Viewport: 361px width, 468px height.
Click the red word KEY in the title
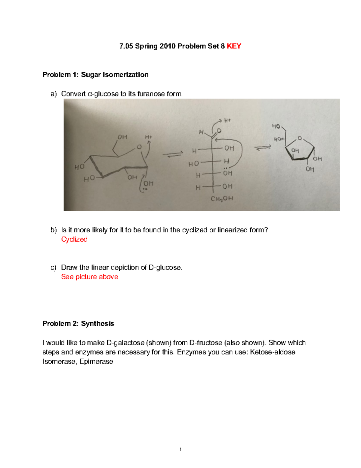[x=234, y=46]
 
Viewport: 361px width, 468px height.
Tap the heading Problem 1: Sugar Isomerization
[x=95, y=75]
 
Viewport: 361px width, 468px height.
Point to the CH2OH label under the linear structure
[x=222, y=199]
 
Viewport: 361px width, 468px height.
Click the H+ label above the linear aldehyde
[x=227, y=121]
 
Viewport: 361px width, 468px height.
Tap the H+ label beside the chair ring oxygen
[x=149, y=137]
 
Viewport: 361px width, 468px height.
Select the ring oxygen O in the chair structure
[x=139, y=147]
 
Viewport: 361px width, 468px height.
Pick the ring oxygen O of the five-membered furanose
[x=300, y=138]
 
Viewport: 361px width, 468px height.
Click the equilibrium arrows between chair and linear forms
[x=173, y=154]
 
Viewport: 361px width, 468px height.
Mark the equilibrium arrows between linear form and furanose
[x=263, y=148]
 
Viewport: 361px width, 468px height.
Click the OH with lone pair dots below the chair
[x=148, y=184]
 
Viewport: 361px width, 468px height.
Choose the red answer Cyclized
[x=74, y=239]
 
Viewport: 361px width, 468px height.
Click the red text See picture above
[x=90, y=277]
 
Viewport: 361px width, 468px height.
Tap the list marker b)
[x=54, y=230]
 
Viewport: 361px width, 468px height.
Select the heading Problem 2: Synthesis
[x=78, y=324]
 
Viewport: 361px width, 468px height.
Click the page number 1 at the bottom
[x=180, y=449]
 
